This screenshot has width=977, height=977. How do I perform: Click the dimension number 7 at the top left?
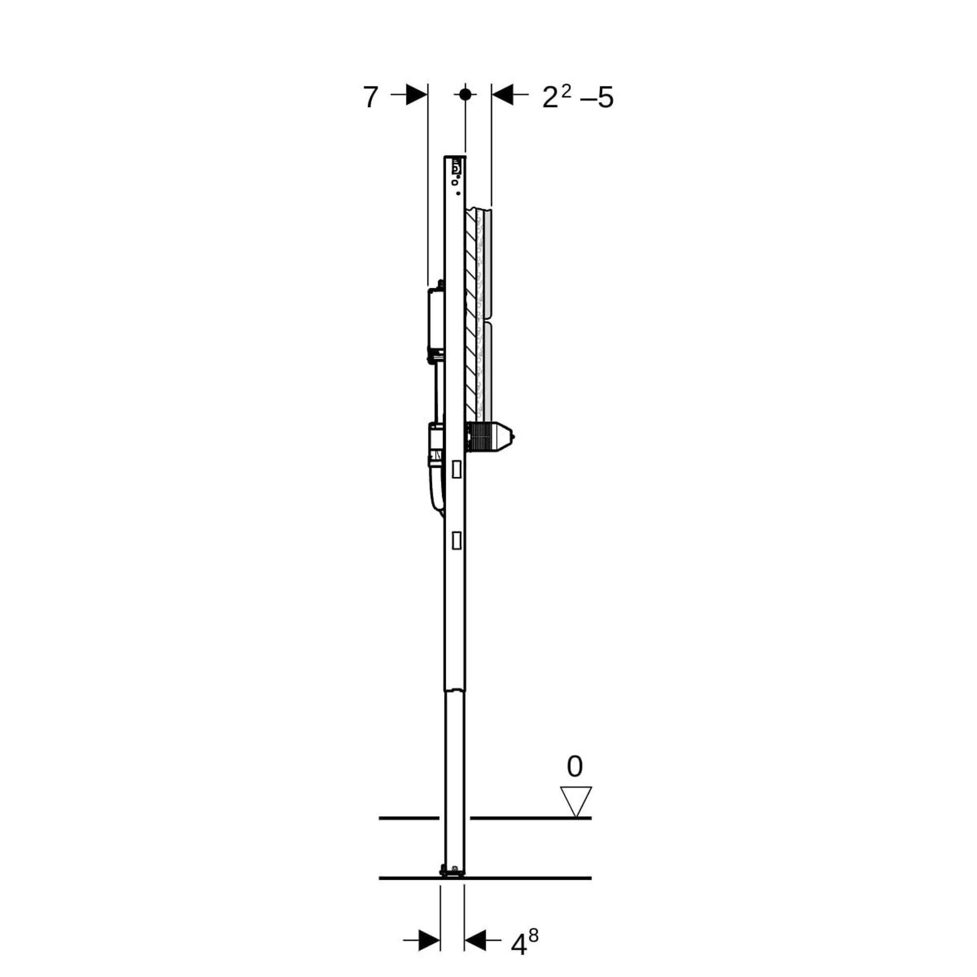[x=370, y=97]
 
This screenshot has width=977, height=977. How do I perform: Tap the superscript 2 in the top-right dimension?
[x=566, y=91]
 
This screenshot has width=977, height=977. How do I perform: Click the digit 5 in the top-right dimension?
[x=605, y=97]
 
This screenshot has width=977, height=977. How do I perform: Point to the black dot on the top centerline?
[x=465, y=94]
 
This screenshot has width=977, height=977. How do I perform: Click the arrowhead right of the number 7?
[x=417, y=94]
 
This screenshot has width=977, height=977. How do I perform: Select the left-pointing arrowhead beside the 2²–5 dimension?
[x=503, y=94]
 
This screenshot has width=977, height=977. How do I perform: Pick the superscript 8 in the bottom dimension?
[x=533, y=936]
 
